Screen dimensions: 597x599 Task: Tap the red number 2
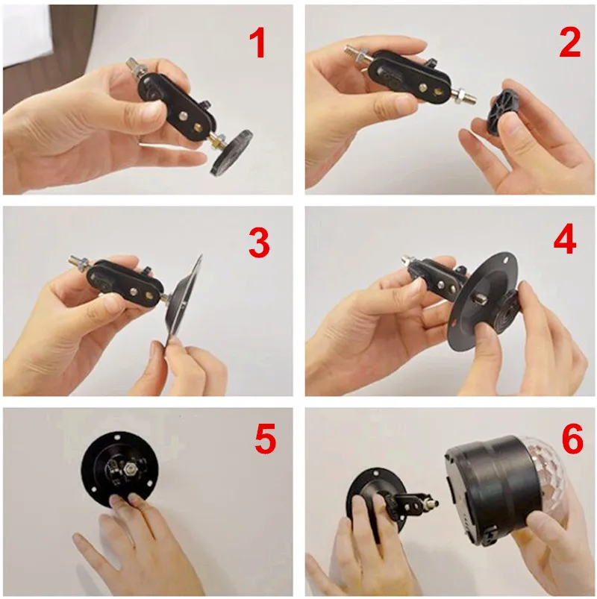pyautogui.click(x=569, y=43)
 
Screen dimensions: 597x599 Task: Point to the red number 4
pyautogui.click(x=565, y=240)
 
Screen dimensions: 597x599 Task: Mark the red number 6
pyautogui.click(x=572, y=439)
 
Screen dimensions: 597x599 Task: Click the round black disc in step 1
pyautogui.click(x=231, y=151)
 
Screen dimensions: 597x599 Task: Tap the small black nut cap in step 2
pyautogui.click(x=504, y=110)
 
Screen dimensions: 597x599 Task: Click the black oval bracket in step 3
pyautogui.click(x=127, y=283)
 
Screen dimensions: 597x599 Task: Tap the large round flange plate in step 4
pyautogui.click(x=484, y=301)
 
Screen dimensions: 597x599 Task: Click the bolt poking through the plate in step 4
pyautogui.click(x=478, y=298)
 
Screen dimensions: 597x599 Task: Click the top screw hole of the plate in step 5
pyautogui.click(x=117, y=436)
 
